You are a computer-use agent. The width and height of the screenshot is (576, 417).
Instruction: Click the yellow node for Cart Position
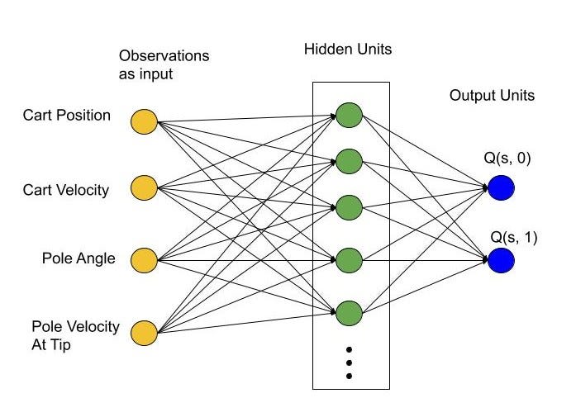pos(144,121)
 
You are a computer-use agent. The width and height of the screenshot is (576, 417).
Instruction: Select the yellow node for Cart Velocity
pos(144,189)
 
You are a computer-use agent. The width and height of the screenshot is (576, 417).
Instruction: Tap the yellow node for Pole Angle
pos(144,259)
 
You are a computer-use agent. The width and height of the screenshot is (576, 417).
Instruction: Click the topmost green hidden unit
pos(349,116)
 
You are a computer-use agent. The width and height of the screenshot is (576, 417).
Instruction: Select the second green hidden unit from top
pos(349,159)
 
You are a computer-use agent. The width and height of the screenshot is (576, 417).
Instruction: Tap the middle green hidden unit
pos(349,206)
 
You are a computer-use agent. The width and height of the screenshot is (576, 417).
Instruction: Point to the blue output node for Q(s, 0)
pos(501,188)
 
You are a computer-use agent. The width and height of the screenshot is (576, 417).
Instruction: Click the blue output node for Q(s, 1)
pos(501,261)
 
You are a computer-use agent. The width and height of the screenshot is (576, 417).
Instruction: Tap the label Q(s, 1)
pos(514,238)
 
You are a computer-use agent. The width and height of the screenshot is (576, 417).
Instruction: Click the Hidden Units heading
pos(347,50)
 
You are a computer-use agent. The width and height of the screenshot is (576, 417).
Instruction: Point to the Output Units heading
pos(492,96)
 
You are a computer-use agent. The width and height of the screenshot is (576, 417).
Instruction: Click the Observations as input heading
pos(164,64)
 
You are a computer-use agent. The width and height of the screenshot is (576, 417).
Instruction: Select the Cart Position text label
pos(66,116)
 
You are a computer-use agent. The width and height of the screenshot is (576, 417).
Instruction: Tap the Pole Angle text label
pos(79,259)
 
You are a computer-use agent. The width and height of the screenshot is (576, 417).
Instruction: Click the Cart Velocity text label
pos(66,190)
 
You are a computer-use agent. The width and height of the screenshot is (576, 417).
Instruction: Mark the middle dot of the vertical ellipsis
pos(349,362)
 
